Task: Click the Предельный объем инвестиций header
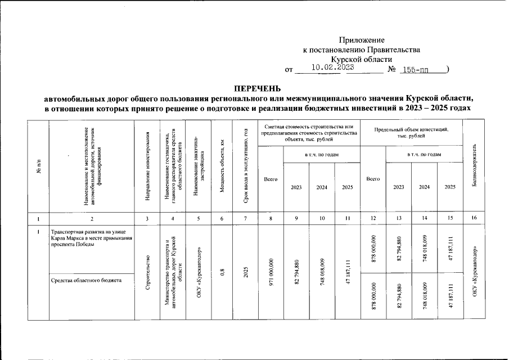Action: tap(411, 133)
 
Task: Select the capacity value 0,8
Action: tap(222, 273)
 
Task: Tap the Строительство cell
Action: tap(147, 273)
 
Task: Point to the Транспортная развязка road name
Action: tap(91, 238)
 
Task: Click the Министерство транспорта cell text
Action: tap(171, 273)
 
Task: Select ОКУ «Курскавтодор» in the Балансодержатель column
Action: tap(475, 273)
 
